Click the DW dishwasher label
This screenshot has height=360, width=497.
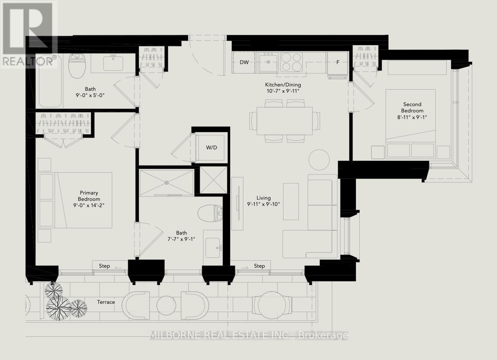(x=244, y=62)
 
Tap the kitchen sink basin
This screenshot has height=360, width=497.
(x=268, y=63)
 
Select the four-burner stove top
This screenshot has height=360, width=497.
(x=291, y=62)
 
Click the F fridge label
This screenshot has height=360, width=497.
(x=338, y=62)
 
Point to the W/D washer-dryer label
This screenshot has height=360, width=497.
(x=212, y=147)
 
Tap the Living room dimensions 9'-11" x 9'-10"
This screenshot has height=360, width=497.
(x=263, y=204)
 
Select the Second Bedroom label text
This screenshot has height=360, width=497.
(x=412, y=107)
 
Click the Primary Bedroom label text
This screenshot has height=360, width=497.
(x=89, y=196)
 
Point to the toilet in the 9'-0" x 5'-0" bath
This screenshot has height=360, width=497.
(x=77, y=66)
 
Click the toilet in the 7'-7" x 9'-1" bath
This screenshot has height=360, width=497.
(x=210, y=213)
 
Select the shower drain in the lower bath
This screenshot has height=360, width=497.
(x=167, y=182)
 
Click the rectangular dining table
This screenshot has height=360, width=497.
(x=285, y=121)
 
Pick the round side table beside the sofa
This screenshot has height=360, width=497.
(x=319, y=160)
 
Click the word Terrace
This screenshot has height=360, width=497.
(x=106, y=302)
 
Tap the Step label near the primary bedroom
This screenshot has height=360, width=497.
(x=104, y=266)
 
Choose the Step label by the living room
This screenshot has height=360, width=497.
(x=260, y=266)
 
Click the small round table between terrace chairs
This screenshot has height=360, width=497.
(x=166, y=305)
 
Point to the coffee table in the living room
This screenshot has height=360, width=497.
(x=291, y=201)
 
